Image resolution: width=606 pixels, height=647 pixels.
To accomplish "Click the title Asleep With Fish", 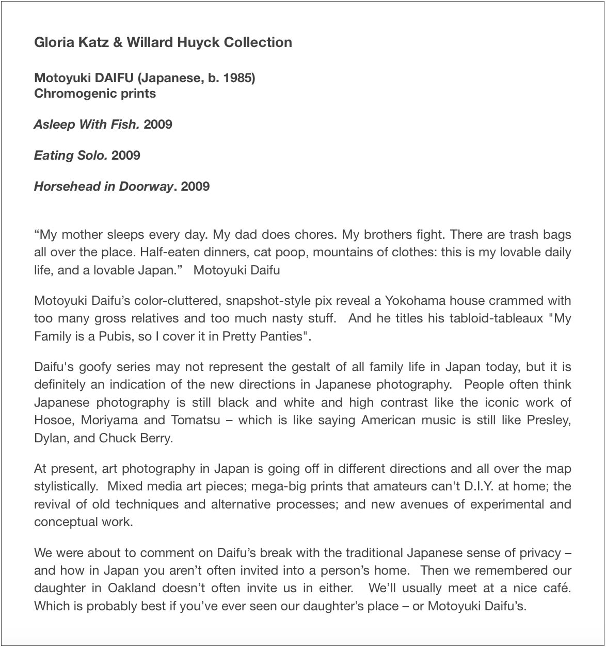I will pos(87,125).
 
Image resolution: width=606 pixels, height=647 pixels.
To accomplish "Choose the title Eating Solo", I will pos(71,156).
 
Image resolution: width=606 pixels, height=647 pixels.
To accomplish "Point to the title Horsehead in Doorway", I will pos(103,187).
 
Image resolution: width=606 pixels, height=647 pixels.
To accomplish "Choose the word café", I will pos(557,588).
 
